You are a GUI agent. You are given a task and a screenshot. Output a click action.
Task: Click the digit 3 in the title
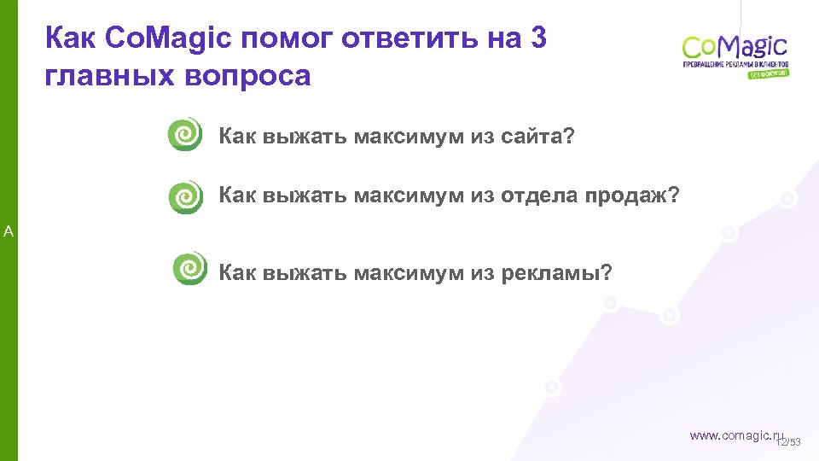(537, 38)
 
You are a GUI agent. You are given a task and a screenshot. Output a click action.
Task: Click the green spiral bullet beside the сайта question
(185, 135)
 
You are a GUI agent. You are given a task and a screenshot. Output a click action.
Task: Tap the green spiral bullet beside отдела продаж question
(185, 197)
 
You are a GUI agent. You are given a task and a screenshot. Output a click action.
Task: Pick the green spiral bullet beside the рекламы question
(189, 268)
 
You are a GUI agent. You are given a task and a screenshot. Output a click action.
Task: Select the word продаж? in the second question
(632, 197)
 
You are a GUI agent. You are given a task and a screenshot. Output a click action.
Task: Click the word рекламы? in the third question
(556, 273)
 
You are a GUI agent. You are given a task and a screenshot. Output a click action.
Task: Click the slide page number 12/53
(791, 442)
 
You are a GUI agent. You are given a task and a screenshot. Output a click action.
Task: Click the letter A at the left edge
(8, 230)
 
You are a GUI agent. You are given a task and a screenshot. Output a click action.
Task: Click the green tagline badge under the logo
(769, 73)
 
